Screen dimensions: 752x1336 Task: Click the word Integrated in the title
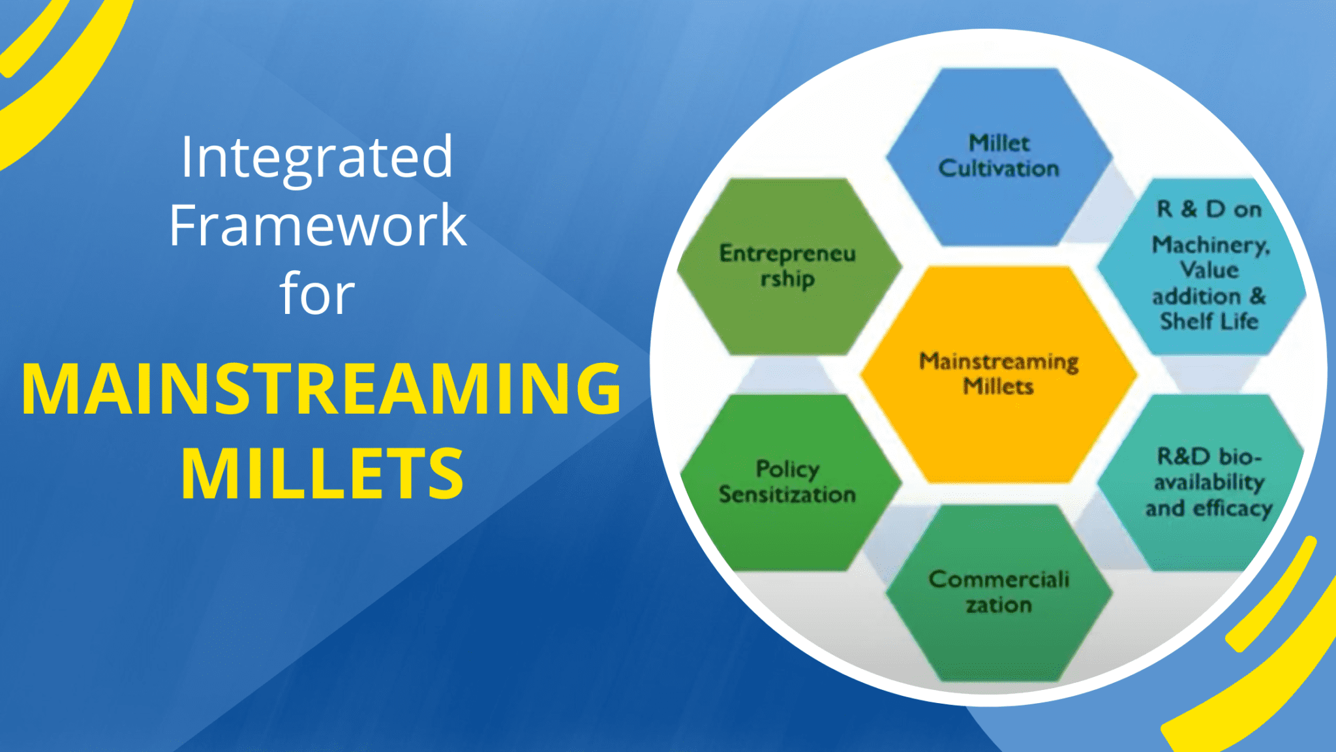pos(317,157)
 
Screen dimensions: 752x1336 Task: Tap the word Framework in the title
pos(318,225)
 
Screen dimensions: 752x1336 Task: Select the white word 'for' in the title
pos(317,294)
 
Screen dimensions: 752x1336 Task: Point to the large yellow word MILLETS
pos(322,474)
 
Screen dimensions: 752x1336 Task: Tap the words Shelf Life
pos(1209,321)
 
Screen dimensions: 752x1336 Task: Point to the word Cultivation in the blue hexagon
pos(999,169)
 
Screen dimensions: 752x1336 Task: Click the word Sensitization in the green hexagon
pos(787,495)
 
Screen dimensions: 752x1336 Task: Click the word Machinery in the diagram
pos(1210,245)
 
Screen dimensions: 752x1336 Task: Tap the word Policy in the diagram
pos(787,469)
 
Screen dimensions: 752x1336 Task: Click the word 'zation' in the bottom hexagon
pos(999,605)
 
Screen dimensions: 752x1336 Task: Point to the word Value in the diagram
pos(1209,270)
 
